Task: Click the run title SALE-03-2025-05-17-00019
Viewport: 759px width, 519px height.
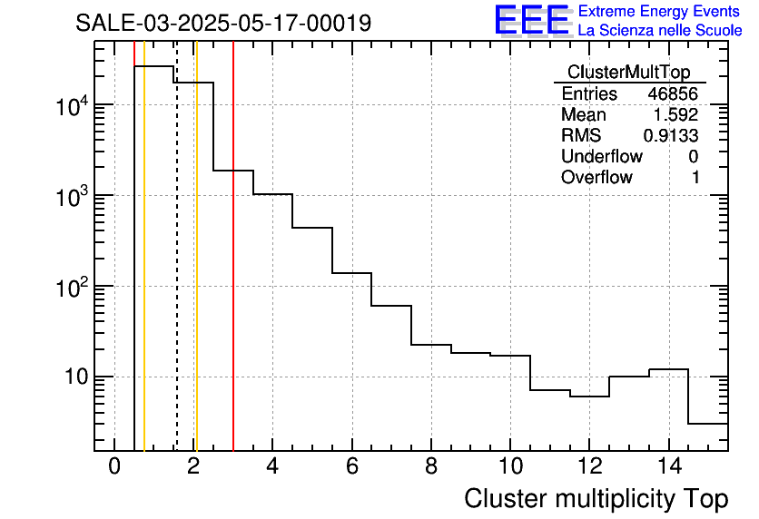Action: [223, 23]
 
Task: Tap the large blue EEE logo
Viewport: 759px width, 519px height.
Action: [531, 20]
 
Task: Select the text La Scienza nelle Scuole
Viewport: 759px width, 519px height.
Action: [660, 30]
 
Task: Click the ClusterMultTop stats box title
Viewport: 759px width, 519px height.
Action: [628, 73]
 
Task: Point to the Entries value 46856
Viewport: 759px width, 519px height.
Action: [673, 94]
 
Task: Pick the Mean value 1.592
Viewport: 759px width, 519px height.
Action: [677, 115]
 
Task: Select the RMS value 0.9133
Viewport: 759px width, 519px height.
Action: [671, 136]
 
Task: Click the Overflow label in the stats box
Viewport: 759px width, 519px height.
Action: [596, 178]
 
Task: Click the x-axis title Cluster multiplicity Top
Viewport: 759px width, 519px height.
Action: [596, 499]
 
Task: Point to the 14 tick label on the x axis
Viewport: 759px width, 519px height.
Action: [668, 467]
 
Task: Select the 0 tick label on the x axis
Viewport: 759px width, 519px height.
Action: [114, 467]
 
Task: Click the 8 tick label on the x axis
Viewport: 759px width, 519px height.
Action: [430, 467]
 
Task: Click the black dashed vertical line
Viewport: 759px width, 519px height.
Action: [176, 272]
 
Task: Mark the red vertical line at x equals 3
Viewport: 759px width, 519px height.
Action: [233, 272]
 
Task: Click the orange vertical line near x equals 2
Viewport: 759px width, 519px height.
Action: [196, 272]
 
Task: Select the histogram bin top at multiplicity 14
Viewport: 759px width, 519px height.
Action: [668, 369]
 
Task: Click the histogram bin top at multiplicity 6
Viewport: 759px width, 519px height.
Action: [351, 272]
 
